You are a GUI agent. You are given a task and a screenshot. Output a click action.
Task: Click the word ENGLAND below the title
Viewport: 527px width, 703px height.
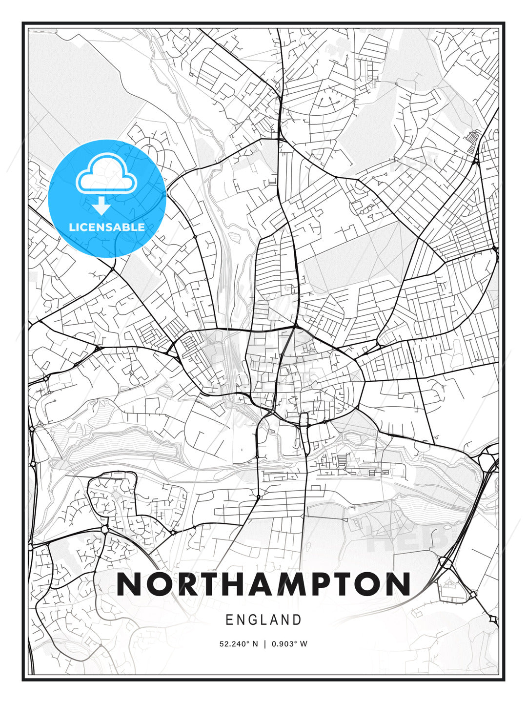(263, 620)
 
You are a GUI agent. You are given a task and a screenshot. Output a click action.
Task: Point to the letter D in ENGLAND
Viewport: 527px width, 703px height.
(297, 620)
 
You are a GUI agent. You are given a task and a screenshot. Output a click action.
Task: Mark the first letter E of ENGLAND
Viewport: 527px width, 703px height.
(229, 620)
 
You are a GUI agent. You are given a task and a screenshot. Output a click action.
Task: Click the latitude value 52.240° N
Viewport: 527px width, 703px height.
(239, 644)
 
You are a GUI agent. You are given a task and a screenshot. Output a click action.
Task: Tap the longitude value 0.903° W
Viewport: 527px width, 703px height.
(290, 644)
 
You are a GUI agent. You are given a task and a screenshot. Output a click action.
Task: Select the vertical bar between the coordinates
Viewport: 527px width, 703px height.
(265, 644)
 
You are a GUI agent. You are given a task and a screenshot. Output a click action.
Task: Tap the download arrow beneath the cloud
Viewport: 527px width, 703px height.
(101, 206)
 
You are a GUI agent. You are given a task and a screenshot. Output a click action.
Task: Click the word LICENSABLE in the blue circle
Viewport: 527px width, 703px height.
(107, 227)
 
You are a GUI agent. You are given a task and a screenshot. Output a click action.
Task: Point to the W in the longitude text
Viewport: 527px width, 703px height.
(304, 644)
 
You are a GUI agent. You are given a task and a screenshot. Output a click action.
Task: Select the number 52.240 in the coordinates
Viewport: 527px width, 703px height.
(232, 644)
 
